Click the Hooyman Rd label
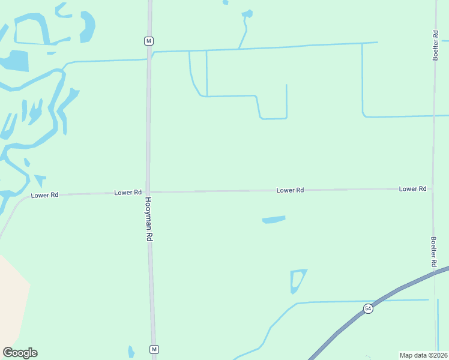coord(149,220)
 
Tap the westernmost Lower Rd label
coord(44,195)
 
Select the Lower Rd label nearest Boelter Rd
coord(412,188)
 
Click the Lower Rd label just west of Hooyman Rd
coord(128,193)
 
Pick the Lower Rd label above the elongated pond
coord(290,190)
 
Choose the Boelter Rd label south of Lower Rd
coord(433,251)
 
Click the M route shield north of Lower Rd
coord(149,41)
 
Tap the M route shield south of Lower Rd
coord(154,349)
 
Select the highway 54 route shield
coord(368,308)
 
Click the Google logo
coord(20,353)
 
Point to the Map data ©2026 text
coord(424,355)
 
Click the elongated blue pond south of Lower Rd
coord(274,220)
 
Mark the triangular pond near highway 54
coord(296,280)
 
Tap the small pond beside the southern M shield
coord(131,352)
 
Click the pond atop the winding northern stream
coord(247,13)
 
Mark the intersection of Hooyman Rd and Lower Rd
coord(148,192)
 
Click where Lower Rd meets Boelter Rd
coord(433,188)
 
